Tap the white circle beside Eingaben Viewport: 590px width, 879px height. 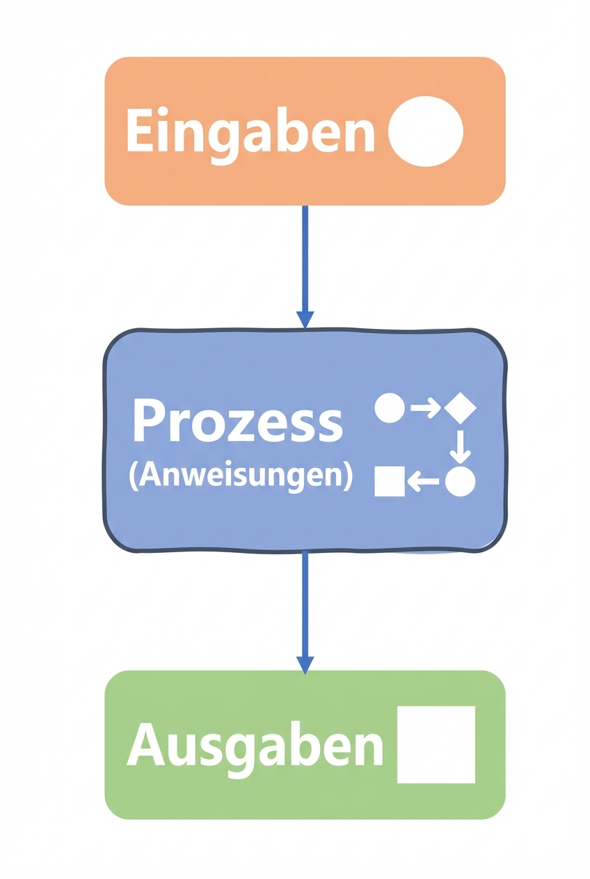pyautogui.click(x=425, y=131)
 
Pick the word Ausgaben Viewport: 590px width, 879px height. pyautogui.click(x=255, y=745)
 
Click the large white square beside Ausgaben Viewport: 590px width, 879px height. pyautogui.click(x=436, y=745)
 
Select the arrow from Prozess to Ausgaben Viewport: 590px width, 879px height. pyautogui.click(x=305, y=605)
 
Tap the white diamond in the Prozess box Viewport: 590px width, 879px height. pyautogui.click(x=460, y=408)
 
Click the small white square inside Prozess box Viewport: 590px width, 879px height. pyautogui.click(x=390, y=481)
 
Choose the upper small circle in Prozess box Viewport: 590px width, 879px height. pyautogui.click(x=390, y=408)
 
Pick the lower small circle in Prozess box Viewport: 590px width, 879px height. pyautogui.click(x=460, y=481)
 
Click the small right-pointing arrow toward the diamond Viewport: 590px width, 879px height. pyautogui.click(x=425, y=408)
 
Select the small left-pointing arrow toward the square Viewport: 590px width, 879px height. pyautogui.click(x=423, y=481)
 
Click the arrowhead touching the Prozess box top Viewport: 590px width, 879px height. pyautogui.click(x=305, y=319)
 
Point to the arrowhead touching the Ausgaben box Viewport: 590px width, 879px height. pyautogui.click(x=305, y=664)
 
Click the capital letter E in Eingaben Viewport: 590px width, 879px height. pyautogui.click(x=138, y=131)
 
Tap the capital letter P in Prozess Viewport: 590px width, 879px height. pyautogui.click(x=147, y=421)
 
